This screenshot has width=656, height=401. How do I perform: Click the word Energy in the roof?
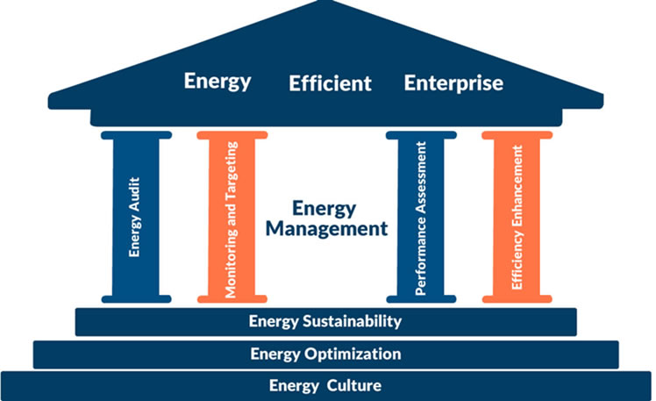click(x=217, y=82)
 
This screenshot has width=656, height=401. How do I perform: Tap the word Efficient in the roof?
click(x=330, y=84)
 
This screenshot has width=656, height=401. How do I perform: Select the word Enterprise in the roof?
click(x=453, y=83)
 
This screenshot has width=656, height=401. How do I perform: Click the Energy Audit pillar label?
click(x=135, y=218)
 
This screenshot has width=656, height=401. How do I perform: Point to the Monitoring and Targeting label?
click(x=232, y=218)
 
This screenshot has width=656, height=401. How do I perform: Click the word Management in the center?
click(x=339, y=229)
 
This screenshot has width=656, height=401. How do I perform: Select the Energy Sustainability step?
click(x=325, y=321)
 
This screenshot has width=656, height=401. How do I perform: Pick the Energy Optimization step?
click(x=325, y=354)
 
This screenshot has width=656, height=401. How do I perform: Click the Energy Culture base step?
click(x=325, y=386)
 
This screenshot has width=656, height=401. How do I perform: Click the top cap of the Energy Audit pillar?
click(x=135, y=135)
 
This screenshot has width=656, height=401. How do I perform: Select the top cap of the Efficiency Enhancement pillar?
click(x=517, y=135)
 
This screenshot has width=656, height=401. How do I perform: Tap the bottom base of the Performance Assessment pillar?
click(x=421, y=299)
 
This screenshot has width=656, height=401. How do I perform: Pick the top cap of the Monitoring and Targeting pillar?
click(x=232, y=135)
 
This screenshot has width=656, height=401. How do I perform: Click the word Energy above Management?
click(x=324, y=209)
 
